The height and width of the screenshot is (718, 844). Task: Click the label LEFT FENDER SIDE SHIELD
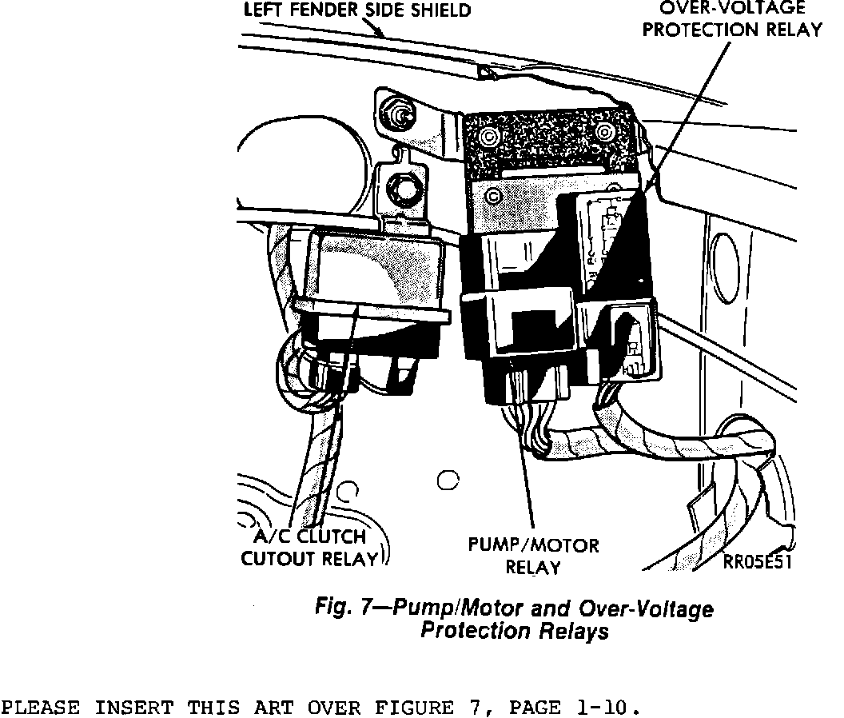coord(356,10)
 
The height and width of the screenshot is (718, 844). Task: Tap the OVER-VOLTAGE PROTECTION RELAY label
coord(732,20)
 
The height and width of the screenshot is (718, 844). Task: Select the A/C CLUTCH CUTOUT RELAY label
coord(308,548)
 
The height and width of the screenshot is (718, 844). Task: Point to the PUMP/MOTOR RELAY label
coord(533,556)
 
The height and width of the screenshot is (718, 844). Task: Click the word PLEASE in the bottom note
coord(40,708)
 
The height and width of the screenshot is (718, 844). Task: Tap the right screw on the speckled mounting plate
coord(605,132)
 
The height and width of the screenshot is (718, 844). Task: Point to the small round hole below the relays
coord(448,480)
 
